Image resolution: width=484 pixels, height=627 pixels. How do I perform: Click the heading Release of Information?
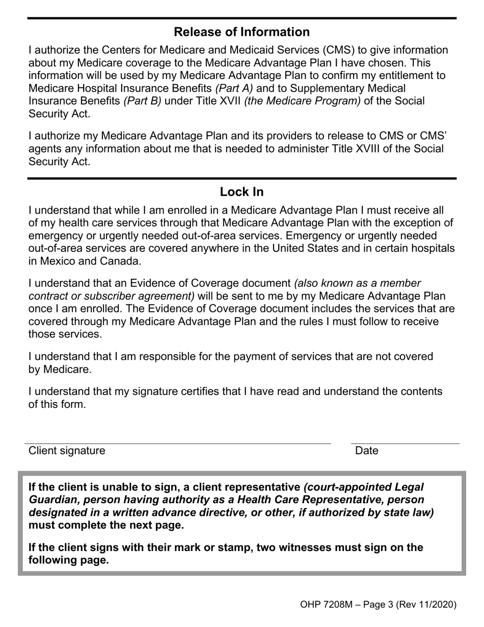[x=241, y=32]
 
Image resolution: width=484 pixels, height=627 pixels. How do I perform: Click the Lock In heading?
[x=241, y=192]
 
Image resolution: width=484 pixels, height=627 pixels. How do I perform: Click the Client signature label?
[x=67, y=451]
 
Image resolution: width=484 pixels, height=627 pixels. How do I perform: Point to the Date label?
[x=367, y=451]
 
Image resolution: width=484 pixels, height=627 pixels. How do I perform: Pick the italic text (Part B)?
[x=142, y=101]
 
